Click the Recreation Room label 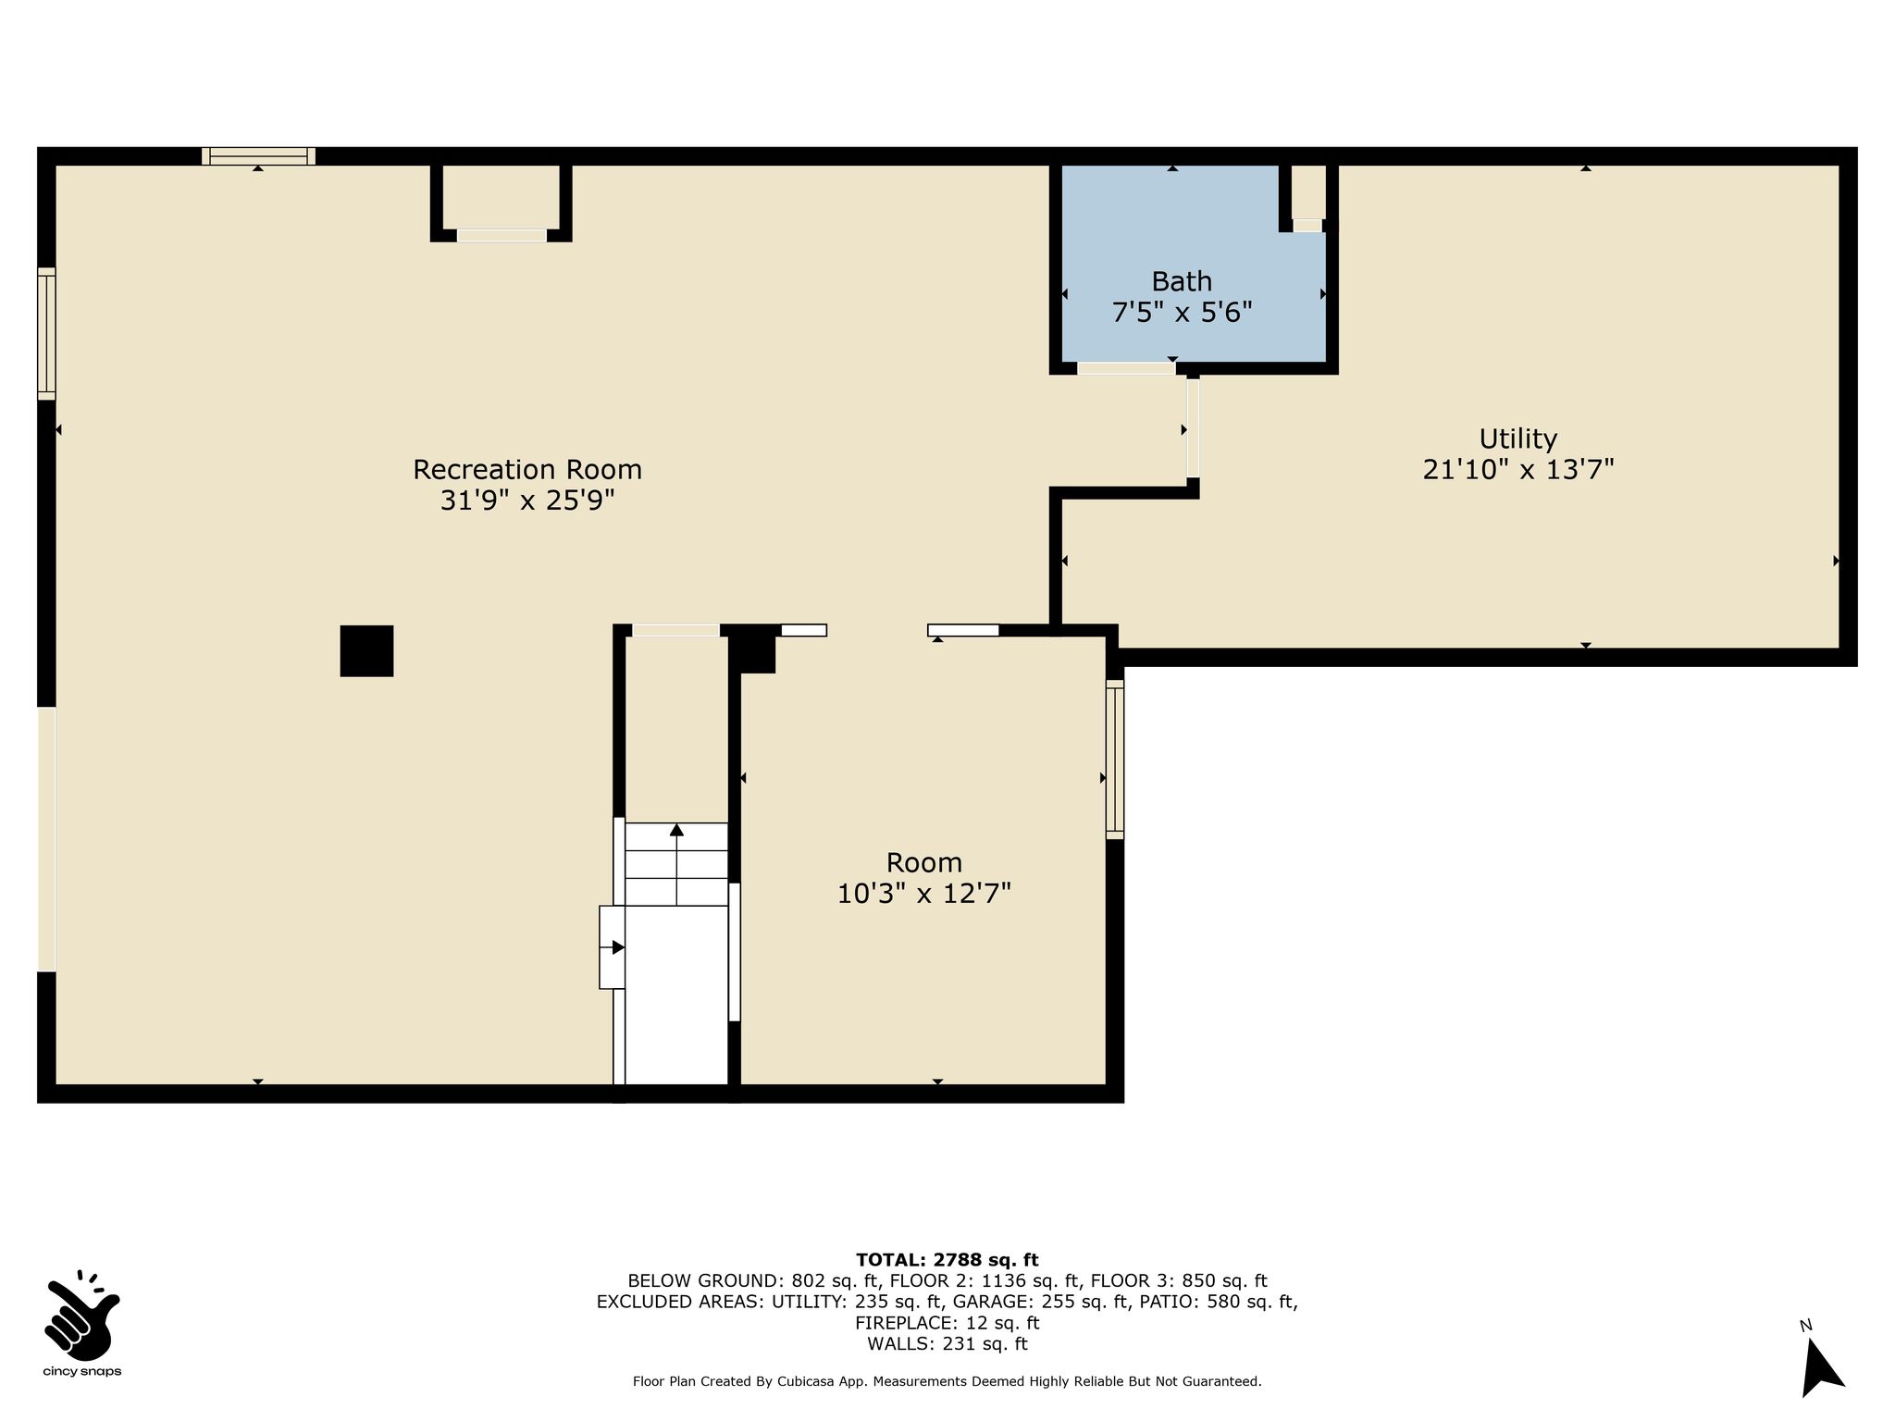527,469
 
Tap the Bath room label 1182,280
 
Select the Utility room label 1517,439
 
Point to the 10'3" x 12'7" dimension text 923,894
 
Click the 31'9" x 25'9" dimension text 527,500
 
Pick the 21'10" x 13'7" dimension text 1517,470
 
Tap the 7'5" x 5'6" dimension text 1182,313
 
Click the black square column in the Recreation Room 366,650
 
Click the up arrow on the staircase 676,863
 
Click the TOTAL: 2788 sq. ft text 947,1259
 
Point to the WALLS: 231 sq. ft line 947,1344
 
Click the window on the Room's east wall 1115,760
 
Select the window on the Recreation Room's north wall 258,156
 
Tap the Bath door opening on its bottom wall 1126,368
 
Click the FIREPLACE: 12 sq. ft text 947,1323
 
